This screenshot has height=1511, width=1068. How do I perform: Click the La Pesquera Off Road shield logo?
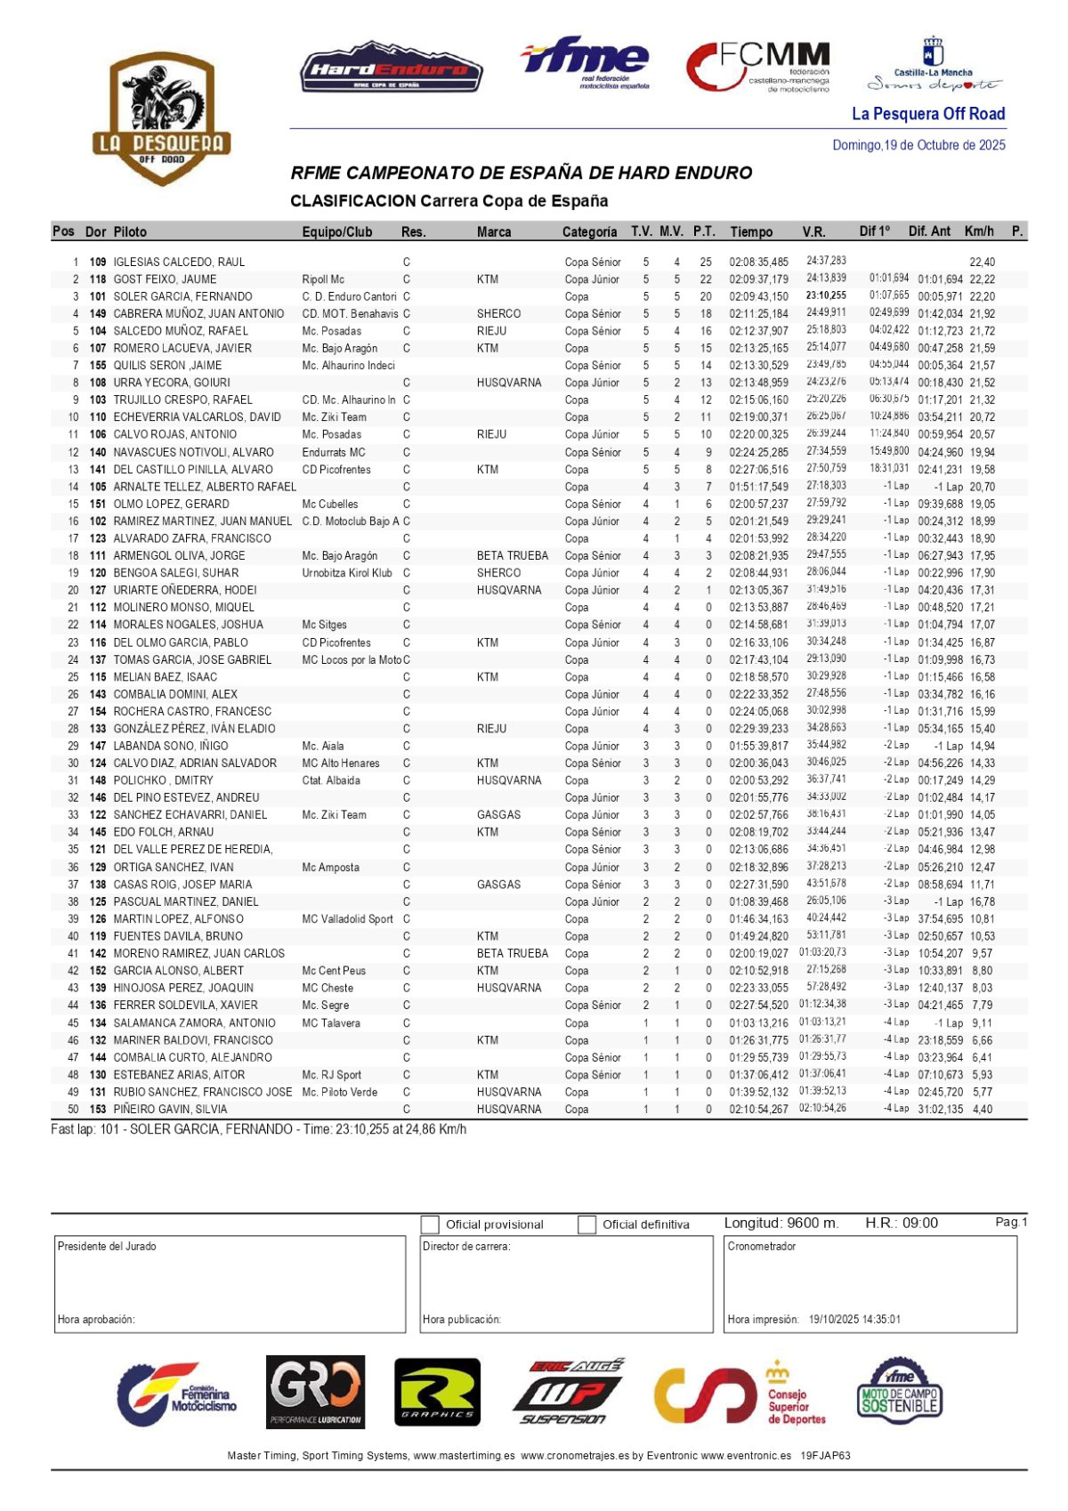(161, 117)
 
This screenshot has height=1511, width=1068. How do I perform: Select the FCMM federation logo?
(758, 67)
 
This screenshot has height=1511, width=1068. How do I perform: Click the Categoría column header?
(589, 232)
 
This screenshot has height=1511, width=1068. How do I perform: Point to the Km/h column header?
(979, 231)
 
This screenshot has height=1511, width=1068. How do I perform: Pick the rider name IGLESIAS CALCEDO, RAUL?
(179, 263)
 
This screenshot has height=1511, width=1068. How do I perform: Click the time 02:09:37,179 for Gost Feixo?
(758, 279)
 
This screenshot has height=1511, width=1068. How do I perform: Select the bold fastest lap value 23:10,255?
(826, 296)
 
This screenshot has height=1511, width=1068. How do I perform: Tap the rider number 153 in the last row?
(98, 1110)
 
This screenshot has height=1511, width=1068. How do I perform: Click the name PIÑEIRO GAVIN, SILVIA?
(170, 1110)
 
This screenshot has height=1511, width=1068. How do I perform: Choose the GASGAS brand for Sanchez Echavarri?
(498, 815)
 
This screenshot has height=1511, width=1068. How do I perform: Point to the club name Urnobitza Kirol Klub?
(347, 573)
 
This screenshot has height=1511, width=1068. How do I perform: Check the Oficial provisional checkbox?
(430, 1225)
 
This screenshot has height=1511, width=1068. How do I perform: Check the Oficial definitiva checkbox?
(587, 1225)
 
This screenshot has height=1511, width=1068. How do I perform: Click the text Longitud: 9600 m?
(781, 1224)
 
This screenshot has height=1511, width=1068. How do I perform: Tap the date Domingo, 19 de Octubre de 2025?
(918, 145)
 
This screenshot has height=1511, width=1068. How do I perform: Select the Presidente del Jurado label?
(107, 1247)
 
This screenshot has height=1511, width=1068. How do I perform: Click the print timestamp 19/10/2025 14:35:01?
(854, 1320)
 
